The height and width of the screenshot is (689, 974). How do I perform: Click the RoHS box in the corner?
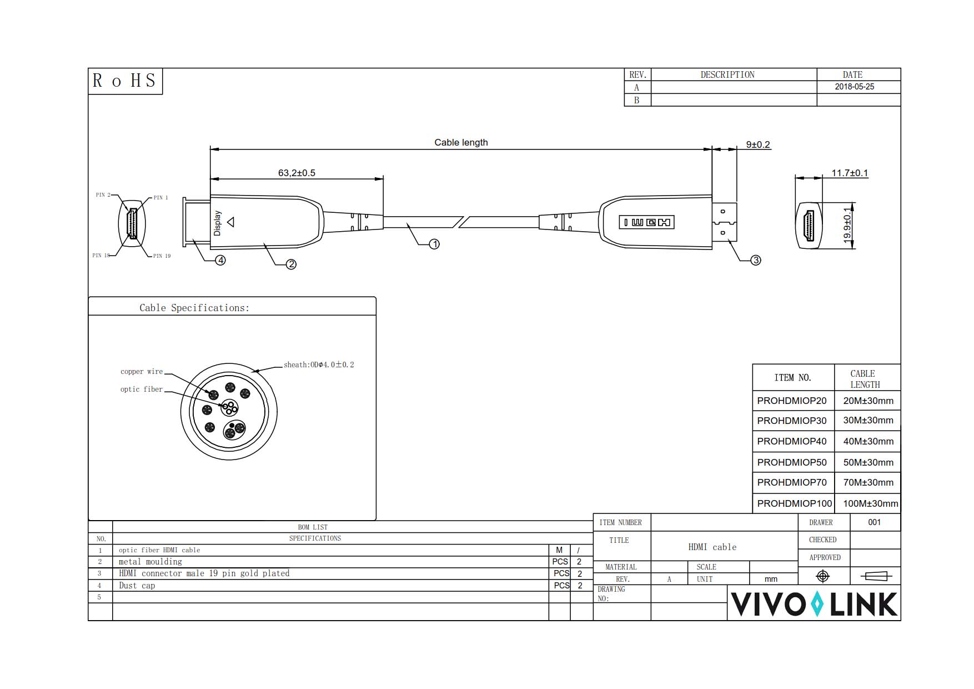click(125, 81)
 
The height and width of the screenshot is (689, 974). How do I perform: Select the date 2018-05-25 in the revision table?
click(854, 87)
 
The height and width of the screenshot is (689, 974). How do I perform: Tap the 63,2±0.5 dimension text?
click(297, 173)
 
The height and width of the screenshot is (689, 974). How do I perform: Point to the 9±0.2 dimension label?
click(758, 144)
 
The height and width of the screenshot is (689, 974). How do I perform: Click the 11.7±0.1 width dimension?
click(849, 173)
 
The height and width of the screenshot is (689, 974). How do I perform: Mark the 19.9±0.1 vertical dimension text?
click(847, 224)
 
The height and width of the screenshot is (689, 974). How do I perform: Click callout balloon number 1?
click(434, 244)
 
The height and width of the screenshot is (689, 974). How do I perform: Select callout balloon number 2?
click(291, 264)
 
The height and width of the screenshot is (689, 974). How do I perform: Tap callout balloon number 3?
click(755, 260)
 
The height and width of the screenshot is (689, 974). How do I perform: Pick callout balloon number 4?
click(220, 260)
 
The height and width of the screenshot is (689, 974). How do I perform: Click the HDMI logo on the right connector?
click(646, 222)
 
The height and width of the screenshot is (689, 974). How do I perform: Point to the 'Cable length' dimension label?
click(461, 142)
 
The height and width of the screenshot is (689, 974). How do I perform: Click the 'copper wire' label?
click(142, 372)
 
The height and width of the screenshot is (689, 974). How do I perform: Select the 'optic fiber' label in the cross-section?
click(142, 390)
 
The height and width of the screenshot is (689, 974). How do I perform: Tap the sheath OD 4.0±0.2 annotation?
click(319, 365)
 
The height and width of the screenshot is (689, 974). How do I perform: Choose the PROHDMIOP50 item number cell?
click(791, 462)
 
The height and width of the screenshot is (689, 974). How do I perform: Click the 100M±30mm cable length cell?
click(870, 503)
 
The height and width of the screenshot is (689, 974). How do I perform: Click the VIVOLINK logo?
click(814, 604)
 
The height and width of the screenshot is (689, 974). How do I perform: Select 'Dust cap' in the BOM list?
click(137, 586)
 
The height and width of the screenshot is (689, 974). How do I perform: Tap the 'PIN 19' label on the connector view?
click(162, 256)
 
